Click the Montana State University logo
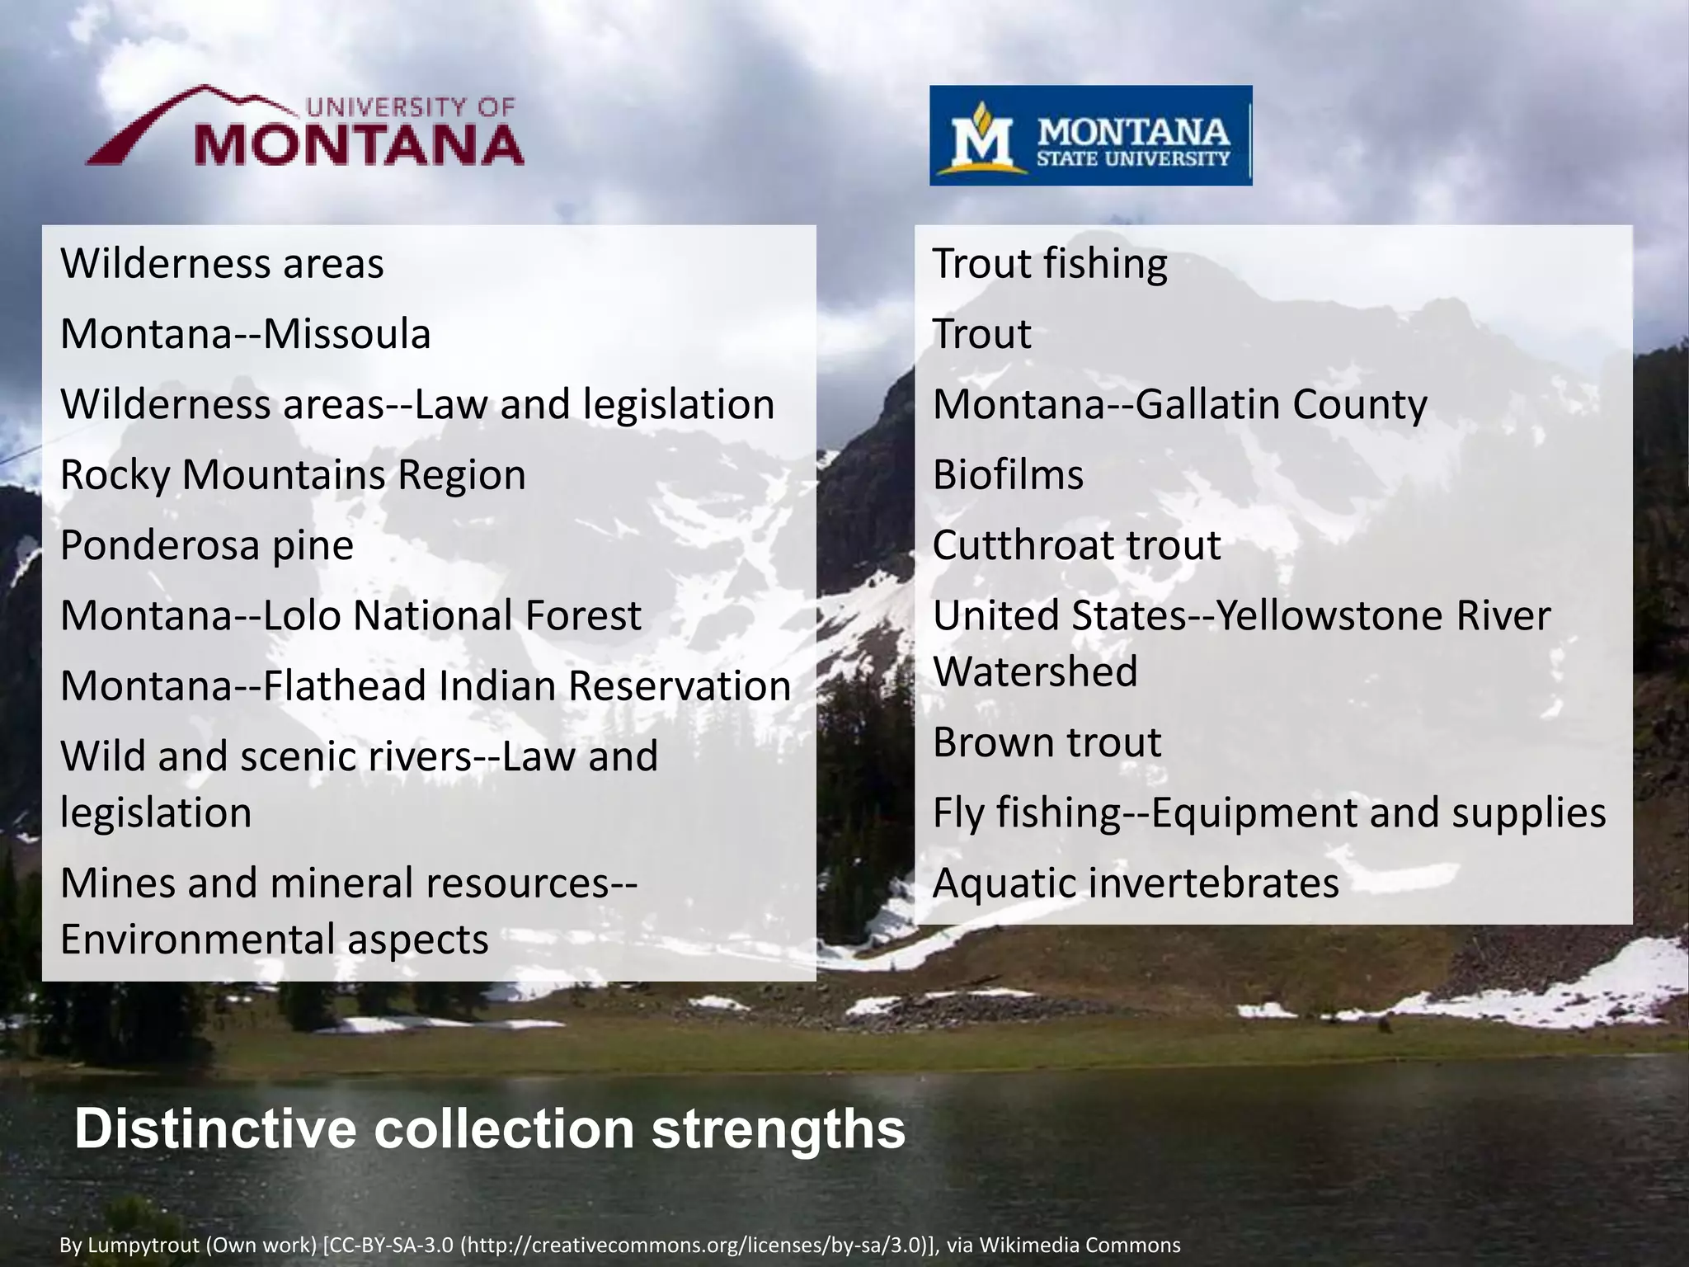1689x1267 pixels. click(1090, 135)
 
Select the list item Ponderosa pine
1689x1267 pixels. click(207, 545)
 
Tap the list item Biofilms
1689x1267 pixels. click(1008, 475)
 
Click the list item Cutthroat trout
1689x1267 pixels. click(1076, 545)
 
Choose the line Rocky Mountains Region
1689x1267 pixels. click(293, 475)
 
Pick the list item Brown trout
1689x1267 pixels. click(1047, 742)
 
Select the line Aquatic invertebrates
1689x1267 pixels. click(1136, 883)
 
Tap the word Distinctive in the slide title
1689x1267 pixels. click(215, 1128)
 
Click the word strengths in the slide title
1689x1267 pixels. click(779, 1128)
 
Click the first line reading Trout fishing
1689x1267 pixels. click(1050, 264)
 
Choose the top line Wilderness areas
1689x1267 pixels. click(222, 264)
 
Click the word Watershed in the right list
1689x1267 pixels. click(1035, 671)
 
